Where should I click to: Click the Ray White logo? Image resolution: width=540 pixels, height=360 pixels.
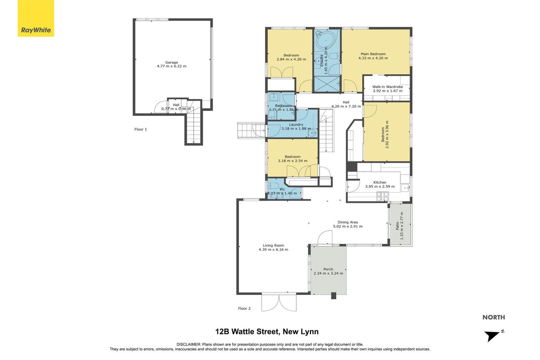tap(36, 18)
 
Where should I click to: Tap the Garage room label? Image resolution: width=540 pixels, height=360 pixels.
tap(171, 63)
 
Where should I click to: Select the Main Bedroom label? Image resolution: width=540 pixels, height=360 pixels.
tap(373, 54)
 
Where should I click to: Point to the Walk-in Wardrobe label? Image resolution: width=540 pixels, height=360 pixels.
tap(387, 87)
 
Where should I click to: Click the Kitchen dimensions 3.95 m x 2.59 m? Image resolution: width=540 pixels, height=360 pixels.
tap(380, 186)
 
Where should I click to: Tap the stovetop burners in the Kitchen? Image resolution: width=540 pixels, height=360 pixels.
tap(382, 196)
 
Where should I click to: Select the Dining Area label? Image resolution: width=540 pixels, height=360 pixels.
tap(347, 222)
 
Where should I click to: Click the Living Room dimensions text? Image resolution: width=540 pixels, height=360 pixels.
tap(274, 250)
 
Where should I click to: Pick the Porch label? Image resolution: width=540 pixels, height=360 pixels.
tap(328, 269)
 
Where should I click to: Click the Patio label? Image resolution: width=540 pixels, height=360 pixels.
tap(397, 226)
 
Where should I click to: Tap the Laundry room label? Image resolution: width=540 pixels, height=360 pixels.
tap(296, 125)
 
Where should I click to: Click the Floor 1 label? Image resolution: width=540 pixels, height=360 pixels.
tap(140, 130)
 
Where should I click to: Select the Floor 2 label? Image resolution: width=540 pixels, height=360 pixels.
tap(244, 308)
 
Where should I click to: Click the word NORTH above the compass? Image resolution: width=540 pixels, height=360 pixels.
tap(494, 317)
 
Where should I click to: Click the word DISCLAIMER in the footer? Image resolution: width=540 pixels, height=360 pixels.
tap(189, 344)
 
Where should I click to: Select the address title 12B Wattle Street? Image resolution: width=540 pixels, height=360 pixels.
tap(247, 332)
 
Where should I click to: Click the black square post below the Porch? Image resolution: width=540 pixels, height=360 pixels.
tap(333, 296)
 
